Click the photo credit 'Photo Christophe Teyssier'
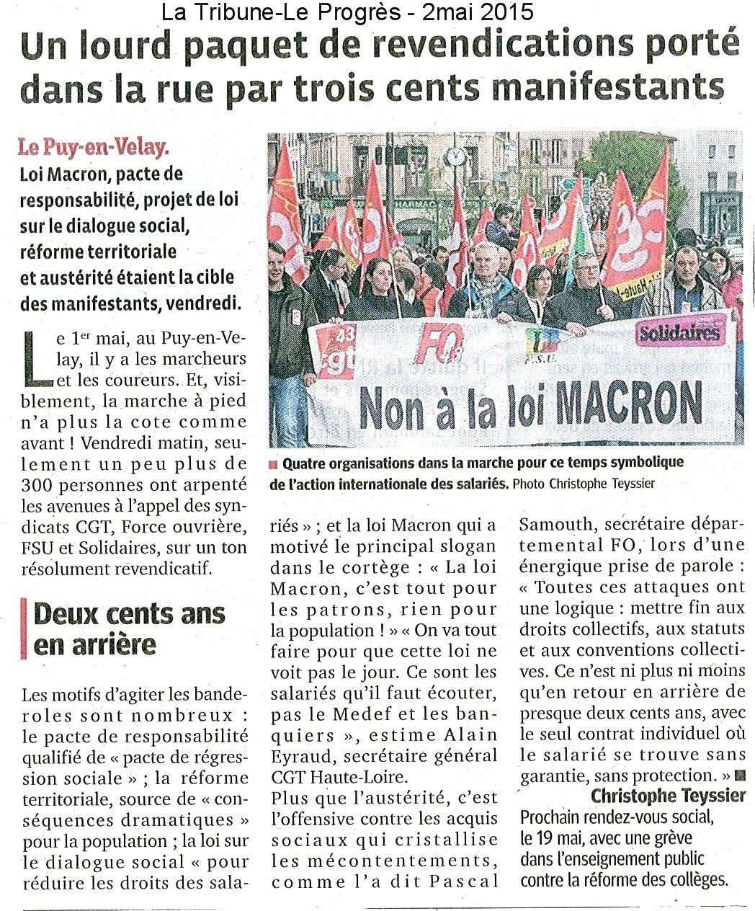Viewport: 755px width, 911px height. [x=583, y=484]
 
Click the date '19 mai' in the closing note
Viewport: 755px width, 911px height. [x=555, y=838]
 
